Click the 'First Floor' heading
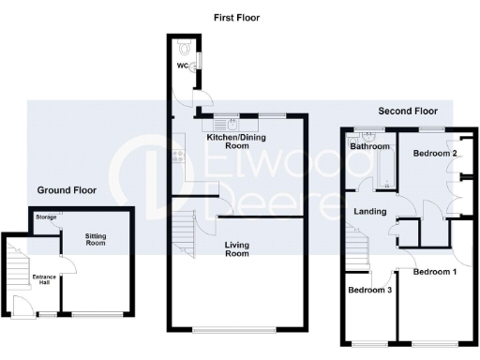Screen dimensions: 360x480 click(235, 18)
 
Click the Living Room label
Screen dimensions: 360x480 click(236, 248)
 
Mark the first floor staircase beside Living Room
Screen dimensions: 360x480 click(185, 234)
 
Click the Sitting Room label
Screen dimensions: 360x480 click(97, 239)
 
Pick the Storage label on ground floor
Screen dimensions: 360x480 click(46, 217)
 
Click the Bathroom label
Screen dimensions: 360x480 click(369, 147)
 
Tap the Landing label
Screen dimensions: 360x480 click(370, 212)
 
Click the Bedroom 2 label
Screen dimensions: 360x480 click(435, 153)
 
